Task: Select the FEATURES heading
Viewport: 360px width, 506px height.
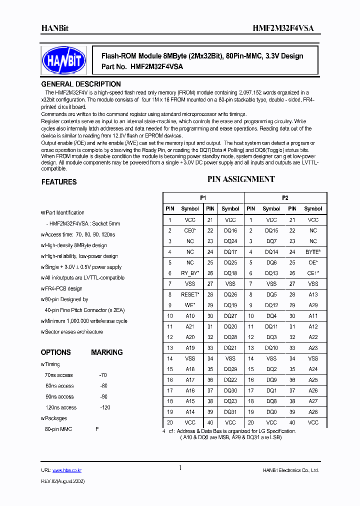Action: click(x=59, y=182)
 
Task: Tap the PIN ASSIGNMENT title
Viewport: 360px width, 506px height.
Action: click(x=241, y=179)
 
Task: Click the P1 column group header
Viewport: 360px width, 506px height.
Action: click(x=203, y=198)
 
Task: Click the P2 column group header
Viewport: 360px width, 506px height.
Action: click(x=285, y=198)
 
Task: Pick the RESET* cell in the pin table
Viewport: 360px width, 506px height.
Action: click(x=190, y=294)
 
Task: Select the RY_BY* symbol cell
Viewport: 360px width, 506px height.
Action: click(x=190, y=273)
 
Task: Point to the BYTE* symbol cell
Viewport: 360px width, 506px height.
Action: click(x=313, y=252)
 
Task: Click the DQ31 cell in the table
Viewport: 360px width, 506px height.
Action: click(x=230, y=412)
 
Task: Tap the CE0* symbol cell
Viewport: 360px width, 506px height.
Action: click(x=190, y=230)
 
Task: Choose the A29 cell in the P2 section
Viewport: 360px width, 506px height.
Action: click(x=313, y=305)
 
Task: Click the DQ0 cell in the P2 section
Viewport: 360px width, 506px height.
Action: click(x=271, y=412)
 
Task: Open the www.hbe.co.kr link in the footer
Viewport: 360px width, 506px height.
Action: click(x=67, y=470)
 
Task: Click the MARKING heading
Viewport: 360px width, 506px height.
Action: click(x=106, y=352)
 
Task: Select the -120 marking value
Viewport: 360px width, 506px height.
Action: click(x=105, y=407)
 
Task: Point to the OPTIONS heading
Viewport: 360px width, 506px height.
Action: click(x=55, y=352)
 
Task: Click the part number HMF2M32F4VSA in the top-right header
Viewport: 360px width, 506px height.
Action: click(x=290, y=28)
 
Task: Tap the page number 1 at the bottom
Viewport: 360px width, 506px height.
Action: click(x=180, y=467)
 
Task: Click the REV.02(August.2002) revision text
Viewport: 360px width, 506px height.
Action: click(x=62, y=481)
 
